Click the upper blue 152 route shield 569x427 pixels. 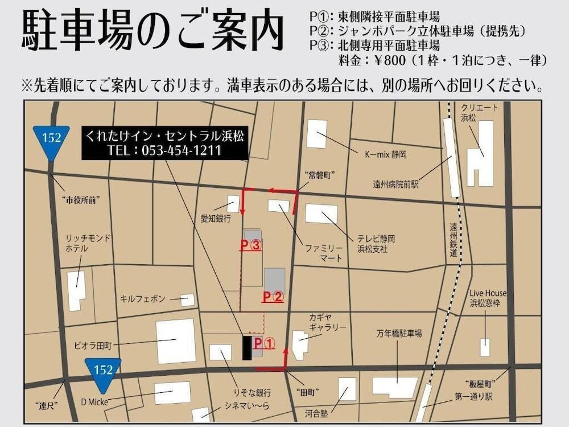pos(51,139)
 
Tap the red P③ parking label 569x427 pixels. pos(250,245)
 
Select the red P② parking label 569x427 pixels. pos(273,297)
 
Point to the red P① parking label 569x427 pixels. pos(265,343)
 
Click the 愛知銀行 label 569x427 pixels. pos(216,219)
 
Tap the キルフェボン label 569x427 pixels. pos(143,298)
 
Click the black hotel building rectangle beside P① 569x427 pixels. pos(246,347)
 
